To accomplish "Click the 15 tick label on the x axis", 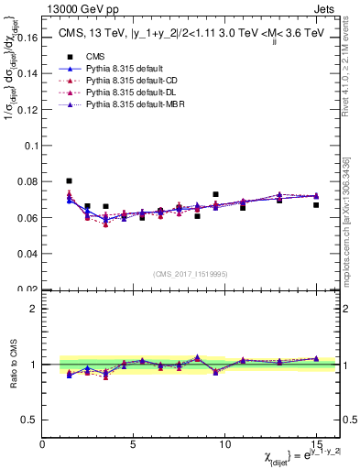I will (x=316, y=445).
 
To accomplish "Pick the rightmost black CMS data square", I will (x=316, y=205).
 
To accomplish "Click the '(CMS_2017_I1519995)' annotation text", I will (x=190, y=275).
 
